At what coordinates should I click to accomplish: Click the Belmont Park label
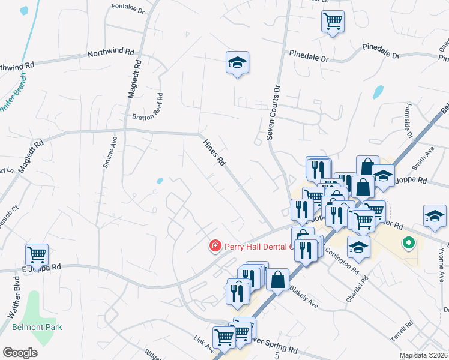37,327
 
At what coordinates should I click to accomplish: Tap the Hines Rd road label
214,152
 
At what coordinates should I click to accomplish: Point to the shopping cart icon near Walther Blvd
37,254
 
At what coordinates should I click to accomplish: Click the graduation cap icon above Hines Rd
237,62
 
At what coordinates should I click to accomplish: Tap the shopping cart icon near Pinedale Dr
332,22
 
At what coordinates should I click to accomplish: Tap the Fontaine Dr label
128,8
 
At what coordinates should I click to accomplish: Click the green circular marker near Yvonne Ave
409,243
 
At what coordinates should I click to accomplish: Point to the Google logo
19,353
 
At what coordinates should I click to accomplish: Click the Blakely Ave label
303,296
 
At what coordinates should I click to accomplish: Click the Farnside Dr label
408,125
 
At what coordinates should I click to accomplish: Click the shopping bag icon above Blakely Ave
278,279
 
